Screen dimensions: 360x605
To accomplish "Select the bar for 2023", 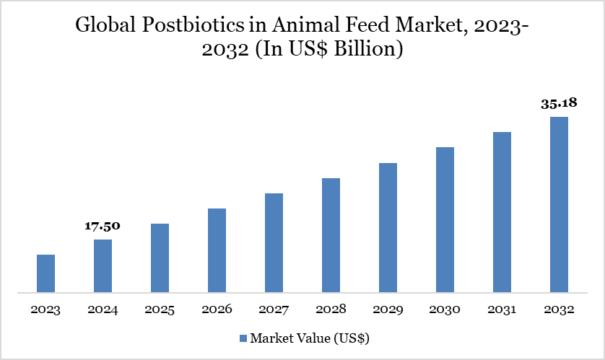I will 45,273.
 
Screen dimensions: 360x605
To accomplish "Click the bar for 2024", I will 103,266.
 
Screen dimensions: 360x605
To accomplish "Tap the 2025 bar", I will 160,258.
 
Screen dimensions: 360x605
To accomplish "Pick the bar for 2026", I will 217,250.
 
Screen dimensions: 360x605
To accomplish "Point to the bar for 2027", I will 274,243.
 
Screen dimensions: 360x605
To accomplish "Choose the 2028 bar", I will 331,235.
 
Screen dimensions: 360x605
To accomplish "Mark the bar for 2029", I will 388,228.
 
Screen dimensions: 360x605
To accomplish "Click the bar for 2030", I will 445,220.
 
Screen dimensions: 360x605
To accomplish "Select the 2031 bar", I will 502,212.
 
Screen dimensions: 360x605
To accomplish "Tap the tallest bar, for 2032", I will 559,205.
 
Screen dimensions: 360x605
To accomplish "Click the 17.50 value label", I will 103,227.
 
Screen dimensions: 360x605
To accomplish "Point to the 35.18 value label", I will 559,103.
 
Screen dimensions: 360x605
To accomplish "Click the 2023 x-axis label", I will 45,309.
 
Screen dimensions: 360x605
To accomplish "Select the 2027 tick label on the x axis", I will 274,309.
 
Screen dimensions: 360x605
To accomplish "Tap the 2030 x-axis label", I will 445,309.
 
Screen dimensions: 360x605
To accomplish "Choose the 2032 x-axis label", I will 559,309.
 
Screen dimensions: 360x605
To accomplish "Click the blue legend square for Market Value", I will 243,338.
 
